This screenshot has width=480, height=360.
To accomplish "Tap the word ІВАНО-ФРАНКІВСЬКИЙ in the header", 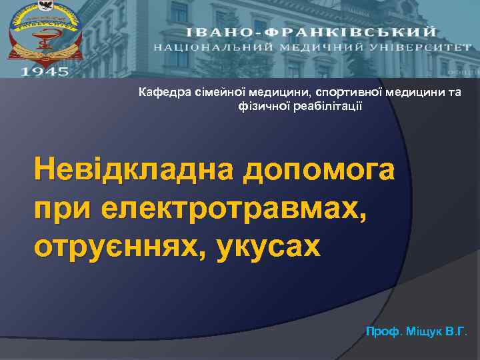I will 311,32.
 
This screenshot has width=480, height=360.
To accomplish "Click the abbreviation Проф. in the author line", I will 381,331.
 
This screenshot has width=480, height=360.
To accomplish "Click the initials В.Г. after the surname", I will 457,331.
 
